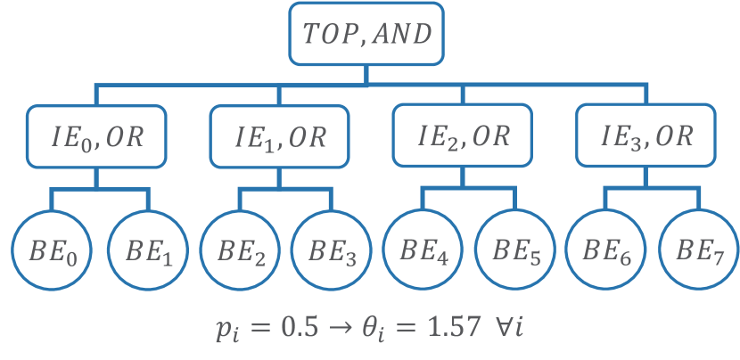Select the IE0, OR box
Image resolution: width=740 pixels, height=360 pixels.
96,137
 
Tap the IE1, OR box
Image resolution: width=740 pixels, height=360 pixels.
279,137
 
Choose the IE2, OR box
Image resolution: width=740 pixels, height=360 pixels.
463,137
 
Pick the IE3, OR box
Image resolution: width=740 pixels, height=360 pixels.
645,137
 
